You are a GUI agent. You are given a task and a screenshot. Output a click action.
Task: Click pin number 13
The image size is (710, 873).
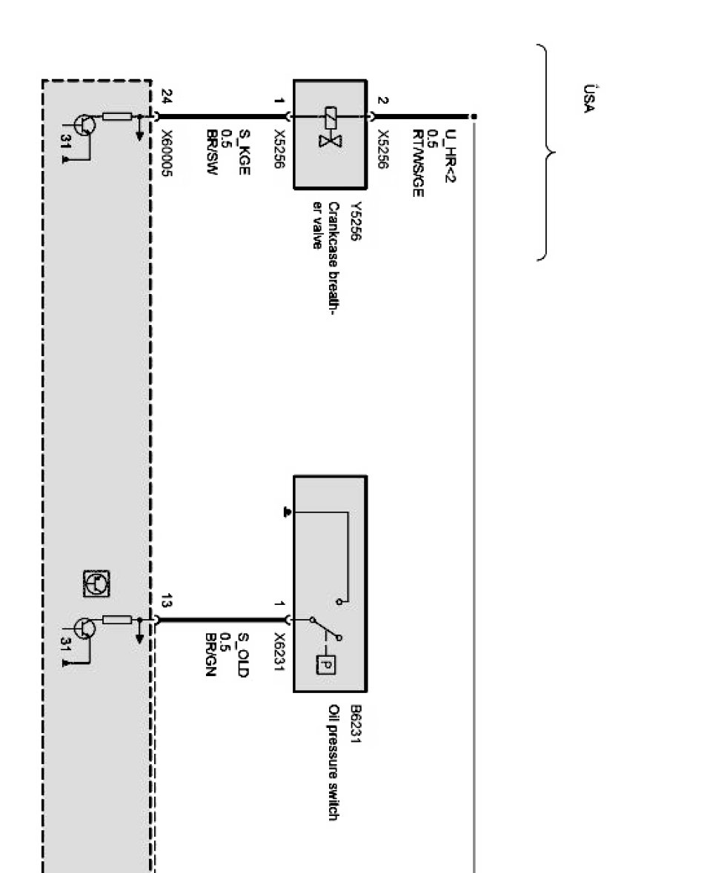point(165,601)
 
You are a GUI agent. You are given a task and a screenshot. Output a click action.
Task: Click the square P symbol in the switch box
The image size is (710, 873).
point(326,663)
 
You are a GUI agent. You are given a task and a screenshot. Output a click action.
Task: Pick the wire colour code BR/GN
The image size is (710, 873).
point(210,655)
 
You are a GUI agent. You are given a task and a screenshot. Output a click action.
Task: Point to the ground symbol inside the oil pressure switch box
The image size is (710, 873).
point(288,512)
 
